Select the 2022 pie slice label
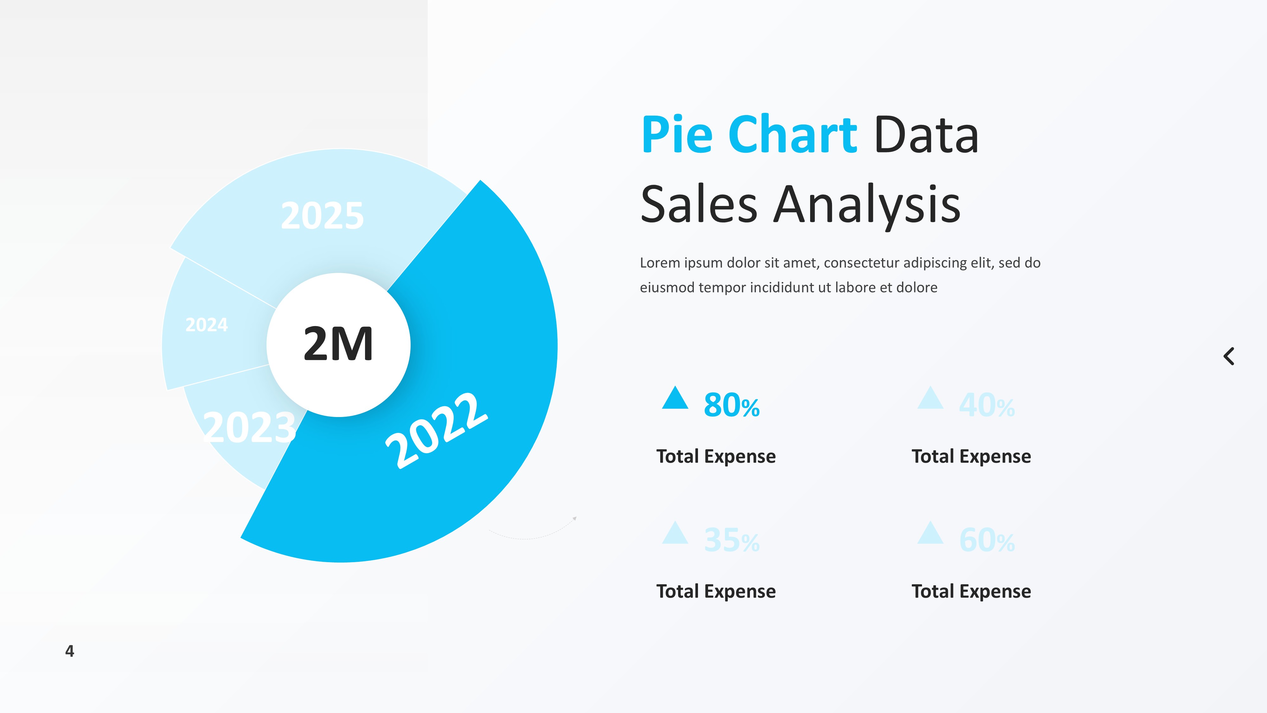coord(436,431)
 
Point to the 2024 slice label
coord(207,325)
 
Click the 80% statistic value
coord(731,406)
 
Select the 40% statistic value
coord(987,406)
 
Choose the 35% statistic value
coord(731,540)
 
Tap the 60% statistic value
coord(987,540)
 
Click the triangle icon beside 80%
coord(675,399)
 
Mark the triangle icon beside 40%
coord(930,399)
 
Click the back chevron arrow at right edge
coord(1229,356)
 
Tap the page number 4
coord(70,651)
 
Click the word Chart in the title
coord(792,134)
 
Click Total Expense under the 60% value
coord(971,591)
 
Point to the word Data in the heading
coord(926,134)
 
